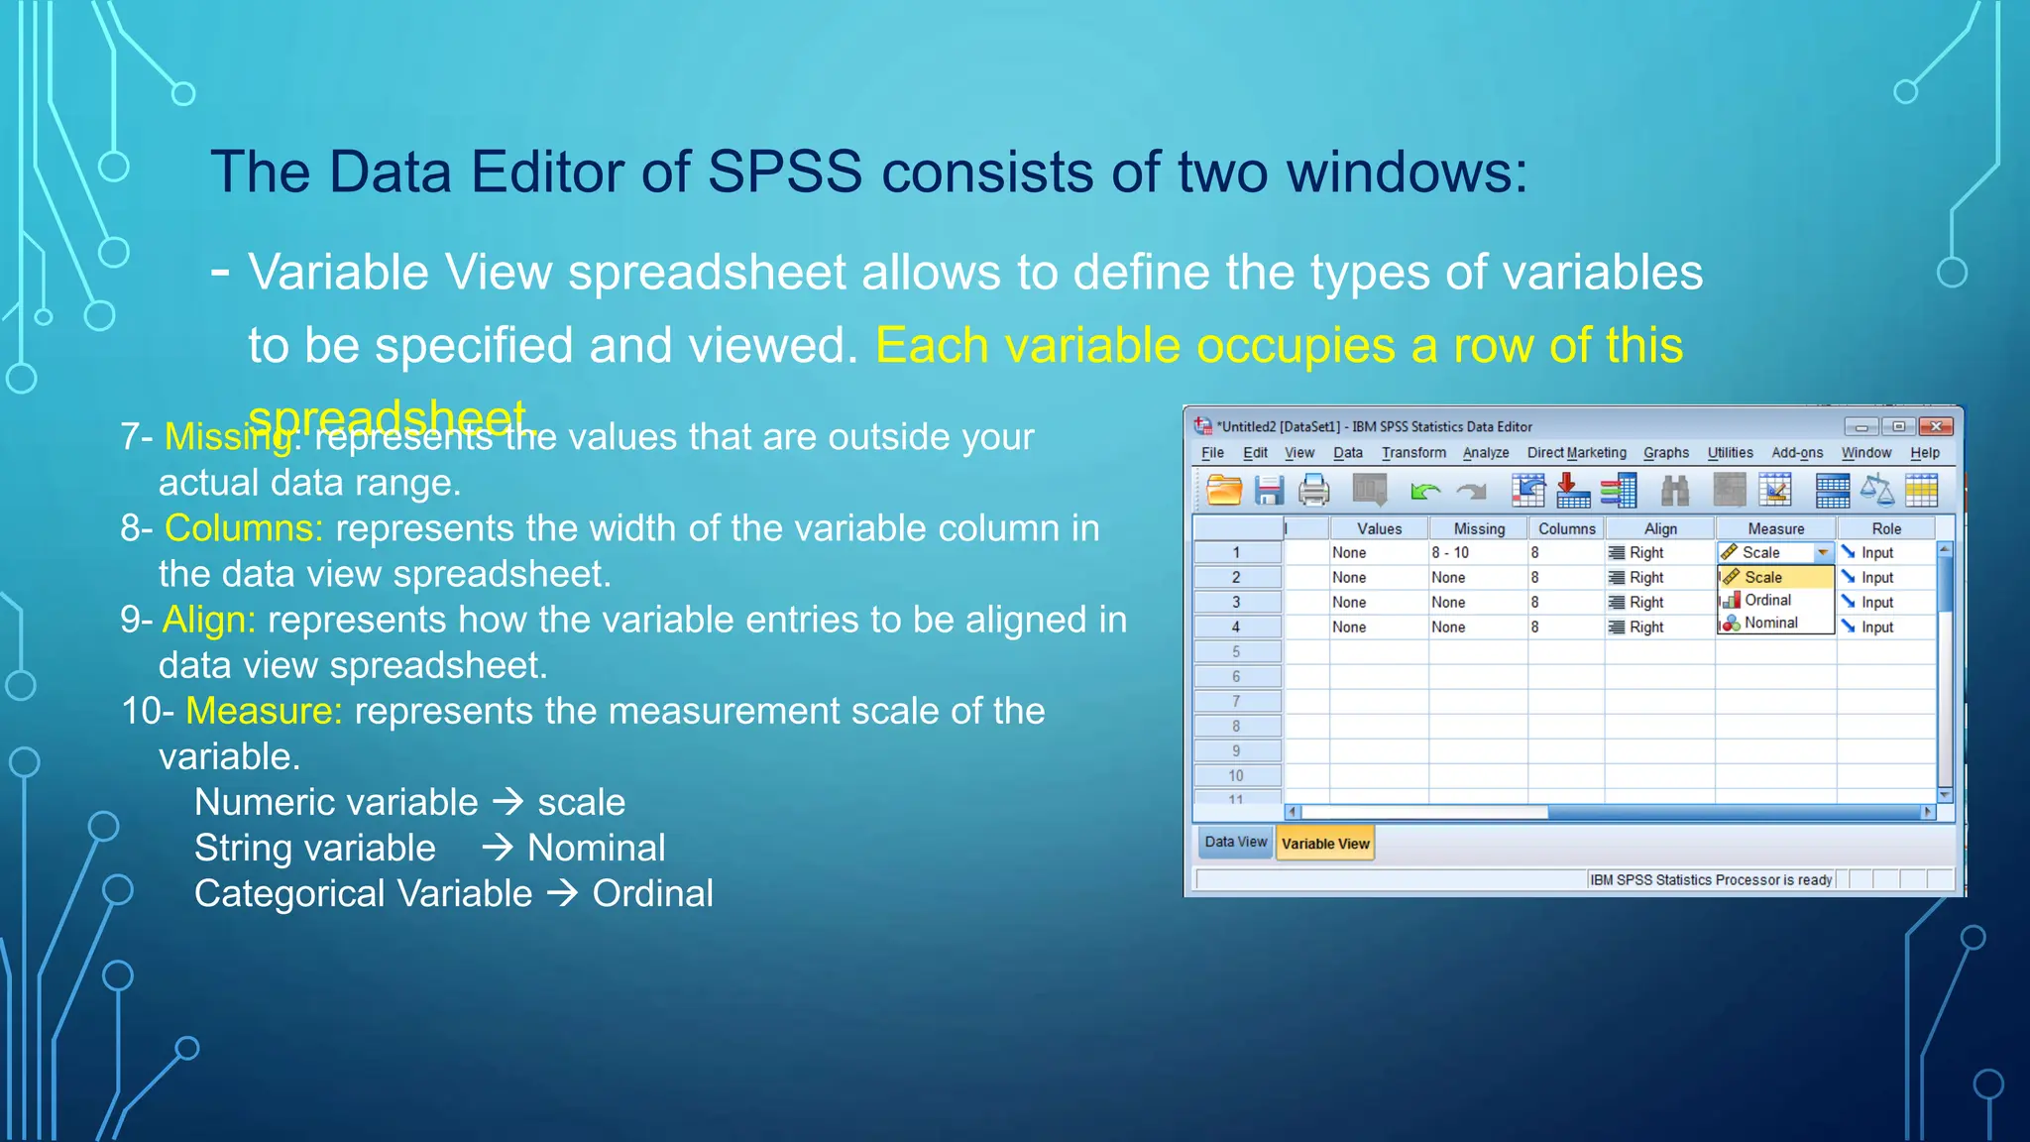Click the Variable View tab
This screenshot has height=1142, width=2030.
point(1324,844)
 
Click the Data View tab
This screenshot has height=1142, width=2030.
point(1235,842)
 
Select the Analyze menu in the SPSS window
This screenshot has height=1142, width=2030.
point(1485,453)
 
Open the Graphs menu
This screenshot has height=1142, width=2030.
point(1665,453)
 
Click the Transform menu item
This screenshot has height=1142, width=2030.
point(1413,453)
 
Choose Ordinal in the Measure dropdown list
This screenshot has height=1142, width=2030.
point(1767,601)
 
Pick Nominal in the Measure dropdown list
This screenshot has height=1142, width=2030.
point(1770,624)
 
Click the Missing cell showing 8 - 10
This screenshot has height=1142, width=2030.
point(1450,553)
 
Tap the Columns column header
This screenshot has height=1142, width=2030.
point(1566,529)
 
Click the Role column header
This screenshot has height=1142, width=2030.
point(1885,529)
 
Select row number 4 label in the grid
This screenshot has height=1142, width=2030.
point(1236,628)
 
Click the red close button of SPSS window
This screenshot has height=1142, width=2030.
point(1935,427)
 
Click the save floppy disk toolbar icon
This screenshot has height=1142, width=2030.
point(1269,491)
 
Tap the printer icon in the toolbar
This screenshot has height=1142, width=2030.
point(1314,491)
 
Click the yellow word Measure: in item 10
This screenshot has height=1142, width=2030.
point(264,712)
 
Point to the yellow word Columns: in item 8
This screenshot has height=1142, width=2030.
point(244,529)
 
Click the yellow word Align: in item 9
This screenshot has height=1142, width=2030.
point(209,621)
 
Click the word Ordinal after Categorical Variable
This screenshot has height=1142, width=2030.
point(652,894)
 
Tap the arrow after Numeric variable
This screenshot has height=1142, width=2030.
point(508,802)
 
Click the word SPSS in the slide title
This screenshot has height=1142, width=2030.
point(784,172)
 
